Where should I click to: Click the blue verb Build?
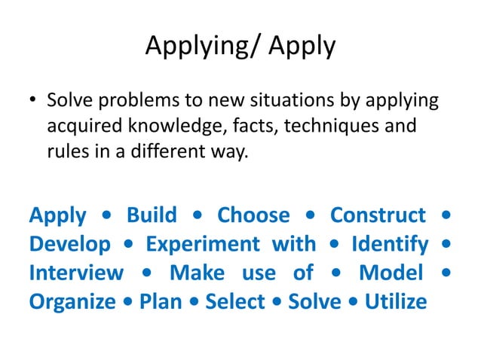pyautogui.click(x=152, y=215)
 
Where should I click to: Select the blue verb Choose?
pyautogui.click(x=253, y=215)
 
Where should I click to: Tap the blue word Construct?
pyautogui.click(x=378, y=215)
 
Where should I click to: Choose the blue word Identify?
pyautogui.click(x=391, y=244)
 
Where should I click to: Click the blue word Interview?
pyautogui.click(x=76, y=273)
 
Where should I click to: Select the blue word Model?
pyautogui.click(x=391, y=273)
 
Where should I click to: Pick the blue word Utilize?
pyautogui.click(x=395, y=301)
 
